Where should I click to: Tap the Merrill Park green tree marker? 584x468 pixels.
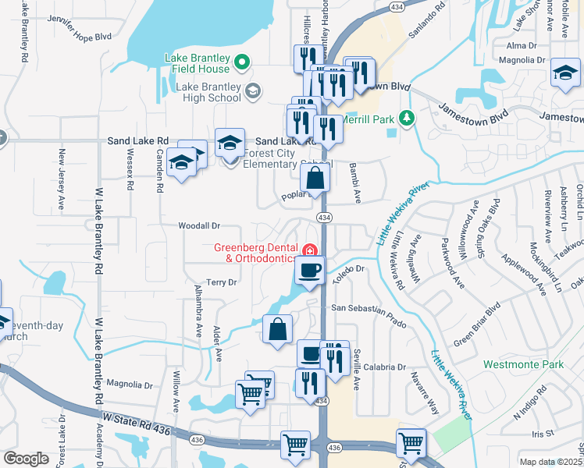[406, 119]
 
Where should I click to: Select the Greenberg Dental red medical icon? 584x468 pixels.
[310, 250]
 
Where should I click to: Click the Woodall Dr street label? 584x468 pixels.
[200, 225]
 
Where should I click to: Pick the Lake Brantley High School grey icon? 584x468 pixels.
[252, 92]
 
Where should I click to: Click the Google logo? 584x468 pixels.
[26, 459]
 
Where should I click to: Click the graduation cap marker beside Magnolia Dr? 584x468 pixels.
[566, 74]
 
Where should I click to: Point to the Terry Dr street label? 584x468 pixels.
[221, 282]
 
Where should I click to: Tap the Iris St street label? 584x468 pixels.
[542, 433]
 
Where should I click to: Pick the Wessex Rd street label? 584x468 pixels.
[130, 172]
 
